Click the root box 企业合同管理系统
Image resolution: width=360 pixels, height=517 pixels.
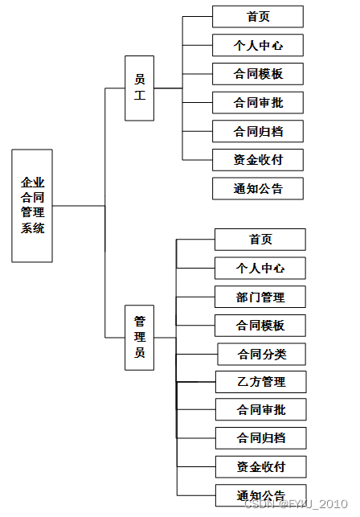pos(32,206)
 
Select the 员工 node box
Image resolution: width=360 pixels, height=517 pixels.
pos(139,87)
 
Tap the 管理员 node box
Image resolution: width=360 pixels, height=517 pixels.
pos(139,338)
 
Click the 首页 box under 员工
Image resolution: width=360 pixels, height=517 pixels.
pos(258,16)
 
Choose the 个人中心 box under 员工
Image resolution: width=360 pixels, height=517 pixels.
pos(258,45)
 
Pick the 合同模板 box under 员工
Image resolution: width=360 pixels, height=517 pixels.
pos(258,74)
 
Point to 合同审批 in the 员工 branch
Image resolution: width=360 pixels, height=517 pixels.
pos(258,102)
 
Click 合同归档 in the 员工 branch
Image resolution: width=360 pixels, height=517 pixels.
pos(258,131)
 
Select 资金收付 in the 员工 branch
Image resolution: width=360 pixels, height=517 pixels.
pos(258,159)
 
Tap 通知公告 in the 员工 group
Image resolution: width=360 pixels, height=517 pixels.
pos(258,188)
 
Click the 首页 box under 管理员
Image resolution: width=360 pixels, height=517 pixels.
pos(260,239)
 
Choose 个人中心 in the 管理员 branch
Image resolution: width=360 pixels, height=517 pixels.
pos(260,268)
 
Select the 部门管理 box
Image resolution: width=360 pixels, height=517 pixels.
pos(260,297)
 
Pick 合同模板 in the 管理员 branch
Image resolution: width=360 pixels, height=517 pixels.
pos(260,325)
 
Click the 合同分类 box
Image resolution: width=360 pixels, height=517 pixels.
pos(261,354)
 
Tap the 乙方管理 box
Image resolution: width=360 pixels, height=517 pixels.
pos(260,381)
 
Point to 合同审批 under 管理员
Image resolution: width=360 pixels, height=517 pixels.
pos(260,409)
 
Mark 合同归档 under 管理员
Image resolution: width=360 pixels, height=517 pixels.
pos(260,438)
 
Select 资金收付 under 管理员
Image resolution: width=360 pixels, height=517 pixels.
pos(260,466)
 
